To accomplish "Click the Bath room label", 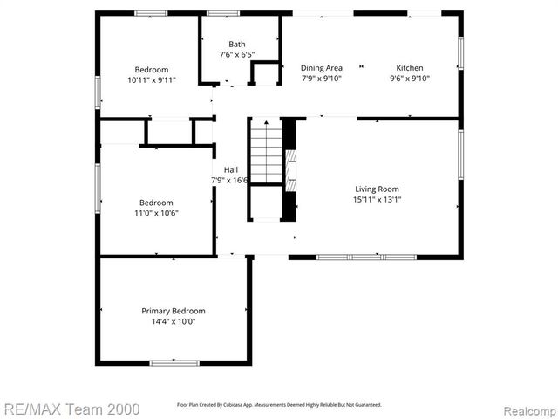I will [x=237, y=45].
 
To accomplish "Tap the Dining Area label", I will [x=321, y=68].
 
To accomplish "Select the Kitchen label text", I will [x=410, y=68].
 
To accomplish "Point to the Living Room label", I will [x=378, y=189].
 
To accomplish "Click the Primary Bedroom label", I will [x=174, y=311].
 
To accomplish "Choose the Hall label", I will [x=230, y=170].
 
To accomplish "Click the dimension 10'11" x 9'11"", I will [x=152, y=79].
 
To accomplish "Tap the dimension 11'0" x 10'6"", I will [x=157, y=212].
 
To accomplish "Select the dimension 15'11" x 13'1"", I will [x=378, y=199].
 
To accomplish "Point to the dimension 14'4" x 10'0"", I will [x=174, y=321].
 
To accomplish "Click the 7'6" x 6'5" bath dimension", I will [x=237, y=54].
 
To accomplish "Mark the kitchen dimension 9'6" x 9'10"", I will [x=410, y=79].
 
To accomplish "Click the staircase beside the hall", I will [x=267, y=153].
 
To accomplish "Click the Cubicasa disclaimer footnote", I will [x=279, y=405].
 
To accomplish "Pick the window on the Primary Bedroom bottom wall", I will [x=174, y=362].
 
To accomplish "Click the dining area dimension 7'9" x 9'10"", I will [x=321, y=79].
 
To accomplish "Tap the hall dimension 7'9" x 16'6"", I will [x=230, y=181].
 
